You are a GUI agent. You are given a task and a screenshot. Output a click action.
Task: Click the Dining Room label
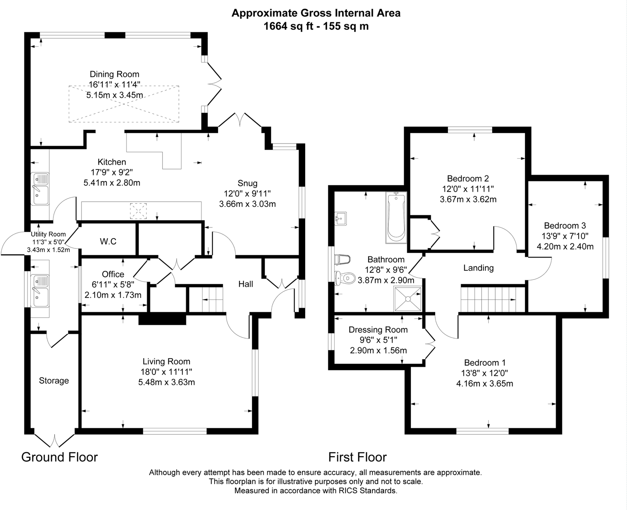click(x=114, y=74)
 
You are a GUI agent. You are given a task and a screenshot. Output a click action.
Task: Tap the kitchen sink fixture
click(x=40, y=189)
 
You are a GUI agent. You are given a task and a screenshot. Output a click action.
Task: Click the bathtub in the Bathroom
click(x=396, y=217)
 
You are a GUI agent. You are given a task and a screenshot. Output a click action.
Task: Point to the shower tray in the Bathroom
click(x=408, y=298)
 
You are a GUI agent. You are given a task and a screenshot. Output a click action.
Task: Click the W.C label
click(x=108, y=241)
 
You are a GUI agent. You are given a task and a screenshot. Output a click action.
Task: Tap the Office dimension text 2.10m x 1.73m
click(x=113, y=295)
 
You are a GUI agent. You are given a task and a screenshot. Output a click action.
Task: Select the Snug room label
click(x=247, y=183)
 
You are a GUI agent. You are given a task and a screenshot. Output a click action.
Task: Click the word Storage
click(x=54, y=380)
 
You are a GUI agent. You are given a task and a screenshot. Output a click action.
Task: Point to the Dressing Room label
click(x=378, y=330)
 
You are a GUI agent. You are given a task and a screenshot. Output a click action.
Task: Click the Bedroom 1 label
click(x=485, y=363)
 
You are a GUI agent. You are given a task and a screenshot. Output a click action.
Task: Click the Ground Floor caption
click(x=59, y=457)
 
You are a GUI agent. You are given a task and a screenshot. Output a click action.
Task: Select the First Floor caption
click(x=357, y=457)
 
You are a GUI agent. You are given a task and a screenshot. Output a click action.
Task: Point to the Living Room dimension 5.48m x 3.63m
click(x=166, y=382)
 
